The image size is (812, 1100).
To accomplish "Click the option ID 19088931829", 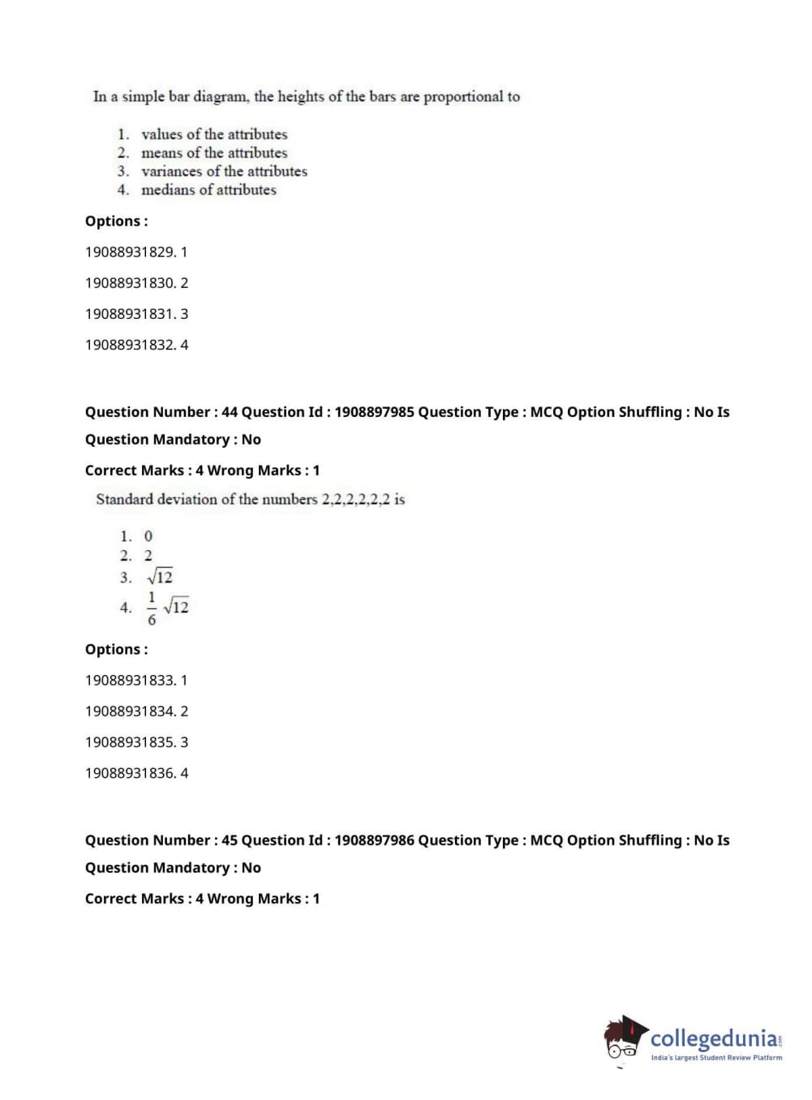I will (130, 252).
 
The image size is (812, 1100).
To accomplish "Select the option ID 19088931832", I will (130, 345).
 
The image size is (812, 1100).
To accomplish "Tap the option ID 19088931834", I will (130, 711).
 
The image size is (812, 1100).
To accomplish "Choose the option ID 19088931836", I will (130, 773).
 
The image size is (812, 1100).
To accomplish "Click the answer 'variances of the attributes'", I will (224, 171).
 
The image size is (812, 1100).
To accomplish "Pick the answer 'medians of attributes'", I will (208, 190).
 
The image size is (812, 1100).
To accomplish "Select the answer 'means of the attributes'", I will (214, 153).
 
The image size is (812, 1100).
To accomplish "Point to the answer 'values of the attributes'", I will (214, 135).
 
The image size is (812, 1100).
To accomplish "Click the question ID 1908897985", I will (374, 412).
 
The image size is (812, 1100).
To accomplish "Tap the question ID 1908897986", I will (374, 840).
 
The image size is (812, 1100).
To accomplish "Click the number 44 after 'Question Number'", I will (230, 412).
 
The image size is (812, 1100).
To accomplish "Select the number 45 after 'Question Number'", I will (230, 840).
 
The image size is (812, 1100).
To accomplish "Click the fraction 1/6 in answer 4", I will (152, 608).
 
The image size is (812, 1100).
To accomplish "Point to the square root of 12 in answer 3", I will (161, 577).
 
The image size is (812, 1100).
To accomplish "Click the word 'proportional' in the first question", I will (463, 97).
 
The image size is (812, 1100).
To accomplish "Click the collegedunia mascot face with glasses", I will (622, 1041).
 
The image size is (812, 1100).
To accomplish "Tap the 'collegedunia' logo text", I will (714, 1038).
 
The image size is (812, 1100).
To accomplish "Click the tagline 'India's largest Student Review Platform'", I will (716, 1058).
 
